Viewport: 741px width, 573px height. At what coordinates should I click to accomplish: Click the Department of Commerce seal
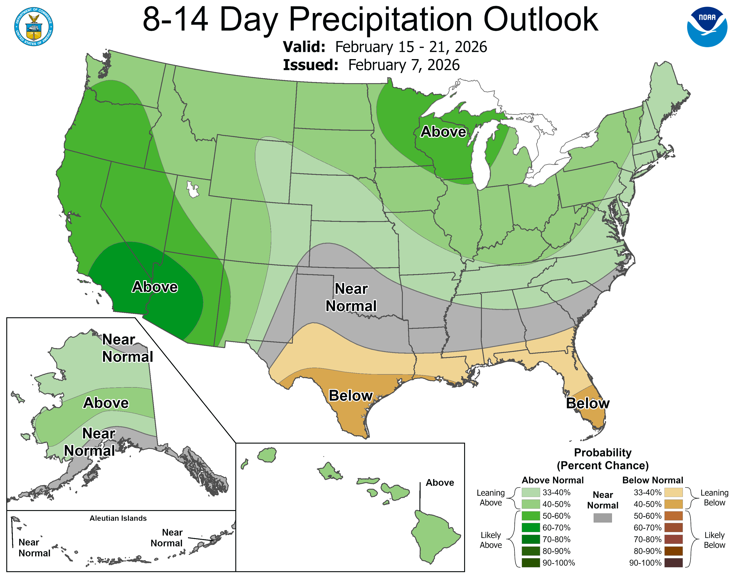click(34, 27)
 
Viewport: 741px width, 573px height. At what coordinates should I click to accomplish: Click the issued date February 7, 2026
click(404, 65)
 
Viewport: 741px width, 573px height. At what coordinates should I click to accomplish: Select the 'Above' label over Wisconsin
click(443, 132)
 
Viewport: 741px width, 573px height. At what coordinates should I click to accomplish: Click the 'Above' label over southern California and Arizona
click(155, 287)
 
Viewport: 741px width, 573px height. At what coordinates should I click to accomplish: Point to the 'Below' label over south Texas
click(351, 396)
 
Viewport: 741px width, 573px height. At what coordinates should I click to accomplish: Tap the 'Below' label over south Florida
click(588, 403)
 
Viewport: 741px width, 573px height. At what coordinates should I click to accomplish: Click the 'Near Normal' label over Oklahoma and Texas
click(351, 297)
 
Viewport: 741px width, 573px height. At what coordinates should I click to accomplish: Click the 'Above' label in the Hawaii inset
click(440, 483)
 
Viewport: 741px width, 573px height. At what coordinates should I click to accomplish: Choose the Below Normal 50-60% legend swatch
click(673, 516)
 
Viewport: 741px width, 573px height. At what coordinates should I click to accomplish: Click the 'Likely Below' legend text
click(714, 540)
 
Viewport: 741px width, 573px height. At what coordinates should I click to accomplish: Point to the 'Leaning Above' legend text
click(491, 498)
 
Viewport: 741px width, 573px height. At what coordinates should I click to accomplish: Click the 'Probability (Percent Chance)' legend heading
click(603, 459)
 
